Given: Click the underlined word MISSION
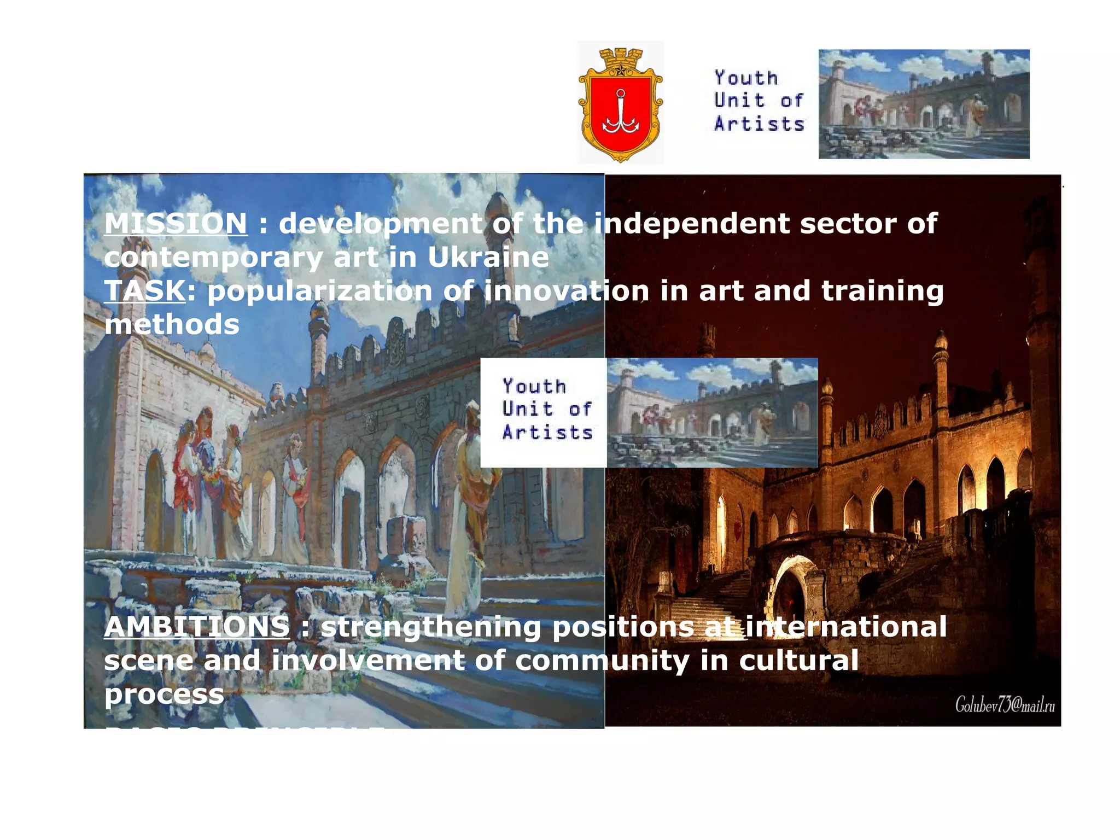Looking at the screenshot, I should point(176,224).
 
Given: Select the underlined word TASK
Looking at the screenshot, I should point(145,290).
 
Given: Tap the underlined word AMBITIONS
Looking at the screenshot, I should point(197,627).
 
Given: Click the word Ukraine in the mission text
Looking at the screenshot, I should point(488,257).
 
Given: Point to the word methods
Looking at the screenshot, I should point(172,324).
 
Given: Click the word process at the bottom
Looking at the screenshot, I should point(164,694).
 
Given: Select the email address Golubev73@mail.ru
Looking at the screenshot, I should point(1005,705).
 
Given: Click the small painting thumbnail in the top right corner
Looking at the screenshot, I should point(924,104).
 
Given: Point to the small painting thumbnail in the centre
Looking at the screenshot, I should point(712,413).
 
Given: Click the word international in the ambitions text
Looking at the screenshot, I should point(846,627).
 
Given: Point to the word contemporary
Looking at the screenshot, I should point(213,257).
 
